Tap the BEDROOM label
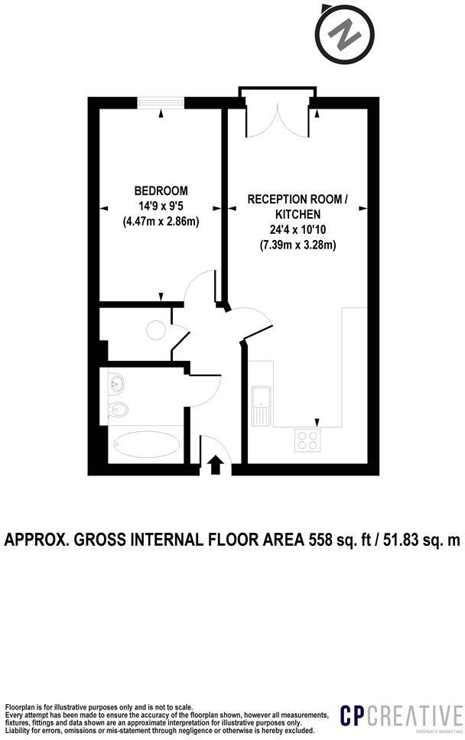(161, 190)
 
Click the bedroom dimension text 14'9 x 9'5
(161, 206)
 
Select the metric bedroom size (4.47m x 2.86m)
(161, 222)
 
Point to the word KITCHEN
(298, 214)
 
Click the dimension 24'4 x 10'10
(298, 229)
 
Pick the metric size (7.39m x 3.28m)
(298, 245)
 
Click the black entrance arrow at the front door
(216, 464)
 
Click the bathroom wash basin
(117, 382)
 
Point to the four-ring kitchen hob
(307, 440)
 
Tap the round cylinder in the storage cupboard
(155, 329)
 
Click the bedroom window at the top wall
(161, 102)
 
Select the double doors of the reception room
(277, 115)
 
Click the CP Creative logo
(402, 717)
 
